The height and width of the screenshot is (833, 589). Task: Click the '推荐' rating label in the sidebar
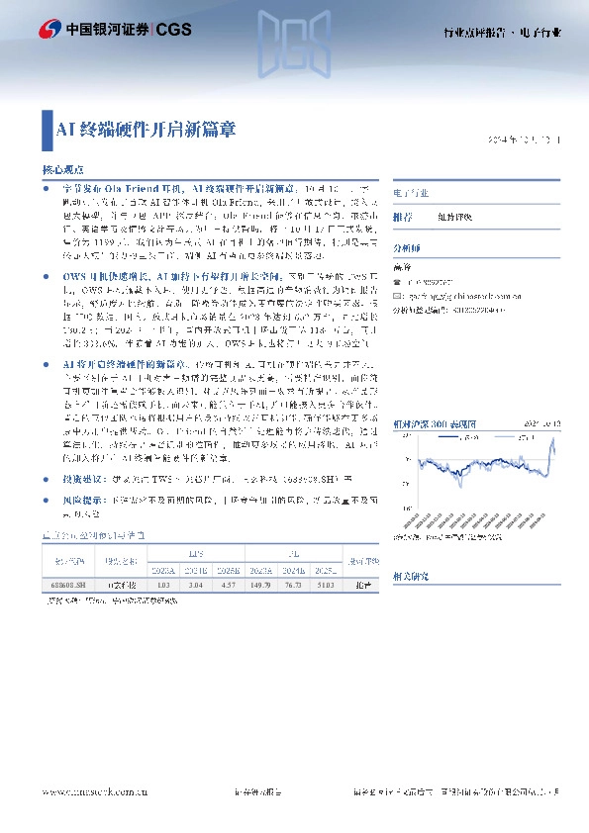pyautogui.click(x=403, y=216)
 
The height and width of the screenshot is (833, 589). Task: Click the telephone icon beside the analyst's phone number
pyautogui.click(x=397, y=282)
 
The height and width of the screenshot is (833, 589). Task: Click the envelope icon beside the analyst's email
pyautogui.click(x=397, y=296)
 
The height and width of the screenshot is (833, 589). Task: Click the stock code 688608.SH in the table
pyautogui.click(x=74, y=587)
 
